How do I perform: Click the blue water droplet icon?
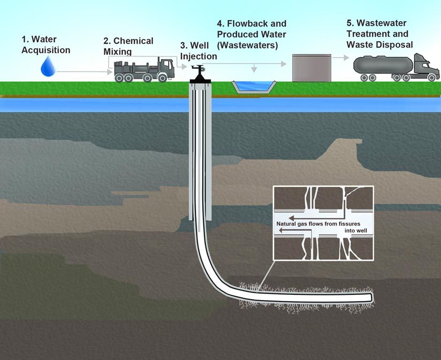(x=48, y=67)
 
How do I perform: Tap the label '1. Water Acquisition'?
(x=45, y=45)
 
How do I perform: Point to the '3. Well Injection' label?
(x=198, y=51)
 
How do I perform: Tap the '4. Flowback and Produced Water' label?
(x=251, y=29)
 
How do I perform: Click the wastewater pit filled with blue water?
(x=253, y=86)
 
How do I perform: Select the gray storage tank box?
(x=312, y=68)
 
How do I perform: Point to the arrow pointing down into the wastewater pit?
(x=254, y=68)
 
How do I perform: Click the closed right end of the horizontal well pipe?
(x=371, y=297)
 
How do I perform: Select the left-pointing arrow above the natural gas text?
(x=309, y=218)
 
